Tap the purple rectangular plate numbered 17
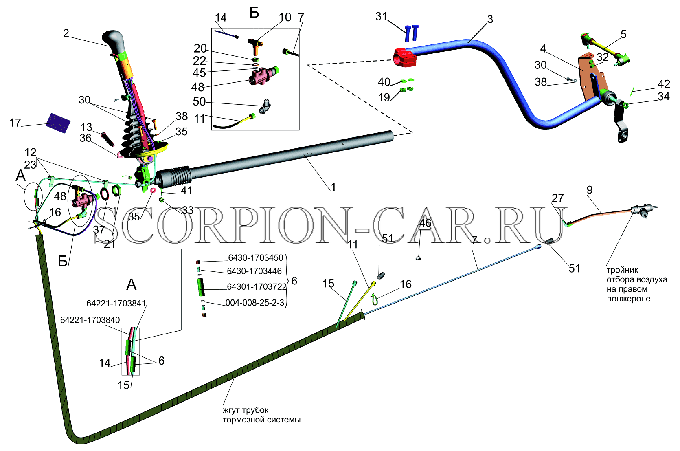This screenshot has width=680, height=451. [x=58, y=123]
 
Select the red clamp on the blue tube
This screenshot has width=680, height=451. [x=405, y=57]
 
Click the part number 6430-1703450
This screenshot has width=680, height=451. [x=256, y=258]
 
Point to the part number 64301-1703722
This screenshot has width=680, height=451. [x=257, y=286]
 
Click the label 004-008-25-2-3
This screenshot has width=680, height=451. [x=255, y=303]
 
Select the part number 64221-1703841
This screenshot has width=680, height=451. [x=116, y=304]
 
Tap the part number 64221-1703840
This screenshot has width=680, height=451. [x=90, y=320]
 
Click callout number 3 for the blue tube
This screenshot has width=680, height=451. [x=490, y=20]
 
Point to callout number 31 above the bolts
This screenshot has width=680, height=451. [x=381, y=16]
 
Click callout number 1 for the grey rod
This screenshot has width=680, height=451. [x=333, y=187]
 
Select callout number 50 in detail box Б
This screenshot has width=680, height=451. [x=199, y=101]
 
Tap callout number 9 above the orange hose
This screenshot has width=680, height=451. [x=590, y=190]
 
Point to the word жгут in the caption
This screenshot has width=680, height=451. [x=232, y=410]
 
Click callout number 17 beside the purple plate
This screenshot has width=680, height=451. [x=15, y=123]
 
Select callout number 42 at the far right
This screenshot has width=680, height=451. [x=664, y=84]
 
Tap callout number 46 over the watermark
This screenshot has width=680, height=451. [x=425, y=223]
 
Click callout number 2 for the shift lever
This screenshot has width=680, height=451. [x=66, y=33]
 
